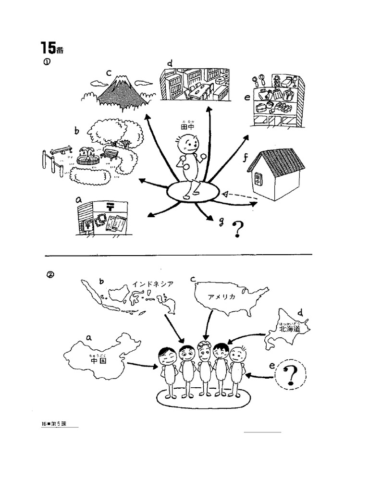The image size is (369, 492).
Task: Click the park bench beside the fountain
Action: [110, 154]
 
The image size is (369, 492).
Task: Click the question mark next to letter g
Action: [236, 230]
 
